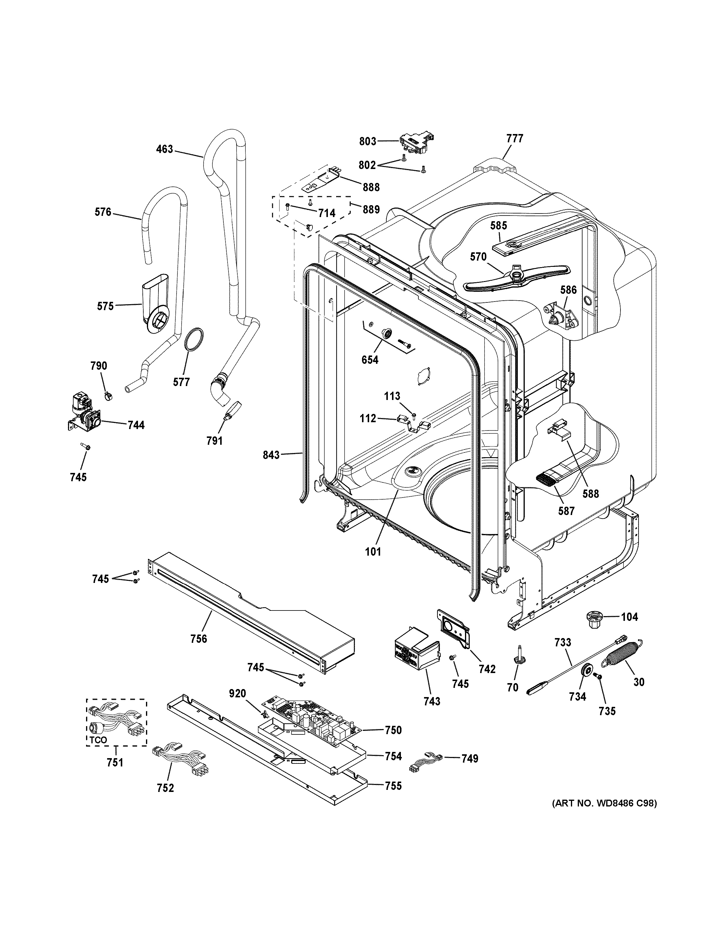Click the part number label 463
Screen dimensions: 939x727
click(x=165, y=149)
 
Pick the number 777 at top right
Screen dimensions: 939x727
click(x=515, y=138)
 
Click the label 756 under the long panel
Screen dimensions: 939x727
click(x=199, y=651)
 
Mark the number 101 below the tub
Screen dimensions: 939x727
click(x=373, y=551)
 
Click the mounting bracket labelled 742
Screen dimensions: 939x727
click(x=454, y=631)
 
